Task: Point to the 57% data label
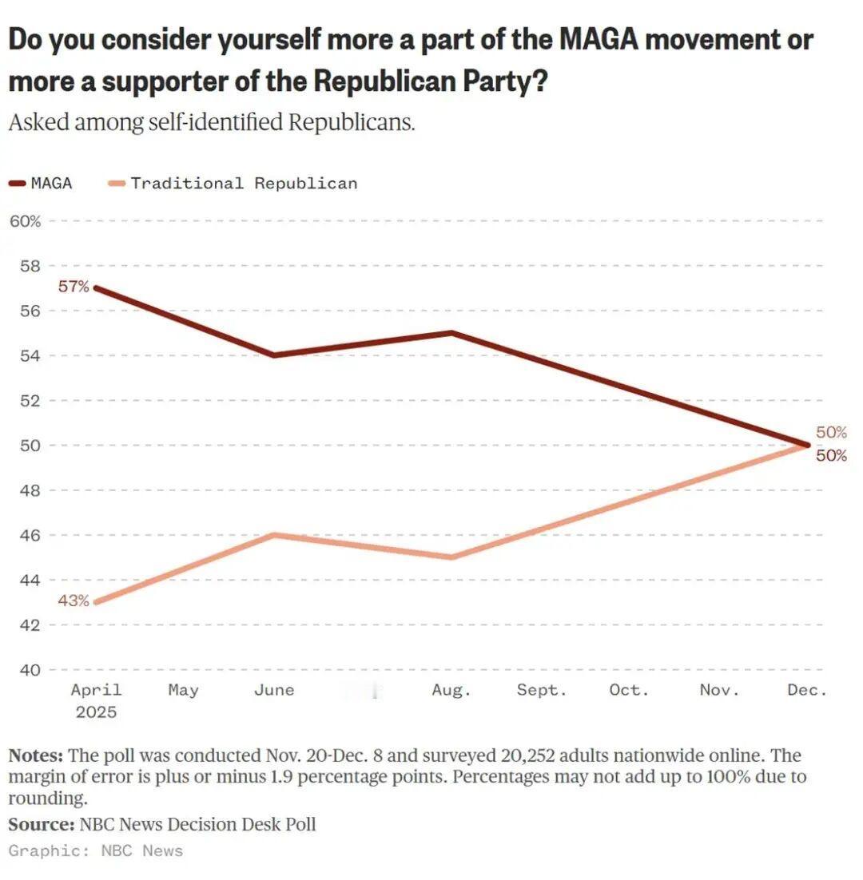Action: point(74,287)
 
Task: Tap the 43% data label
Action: point(74,601)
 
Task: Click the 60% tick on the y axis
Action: point(25,220)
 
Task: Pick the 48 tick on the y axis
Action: point(30,490)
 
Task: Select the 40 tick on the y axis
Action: point(30,669)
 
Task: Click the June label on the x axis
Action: point(274,690)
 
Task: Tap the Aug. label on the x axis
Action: point(451,690)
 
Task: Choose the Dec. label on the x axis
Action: point(807,690)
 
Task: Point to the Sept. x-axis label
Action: point(541,690)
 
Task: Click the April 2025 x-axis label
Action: point(96,700)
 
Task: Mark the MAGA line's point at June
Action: point(274,355)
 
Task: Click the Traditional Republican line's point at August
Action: point(452,557)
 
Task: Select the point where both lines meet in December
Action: point(808,445)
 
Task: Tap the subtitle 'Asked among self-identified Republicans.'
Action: point(212,124)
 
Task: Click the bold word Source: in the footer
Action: point(41,823)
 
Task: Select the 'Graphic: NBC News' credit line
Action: point(96,850)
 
